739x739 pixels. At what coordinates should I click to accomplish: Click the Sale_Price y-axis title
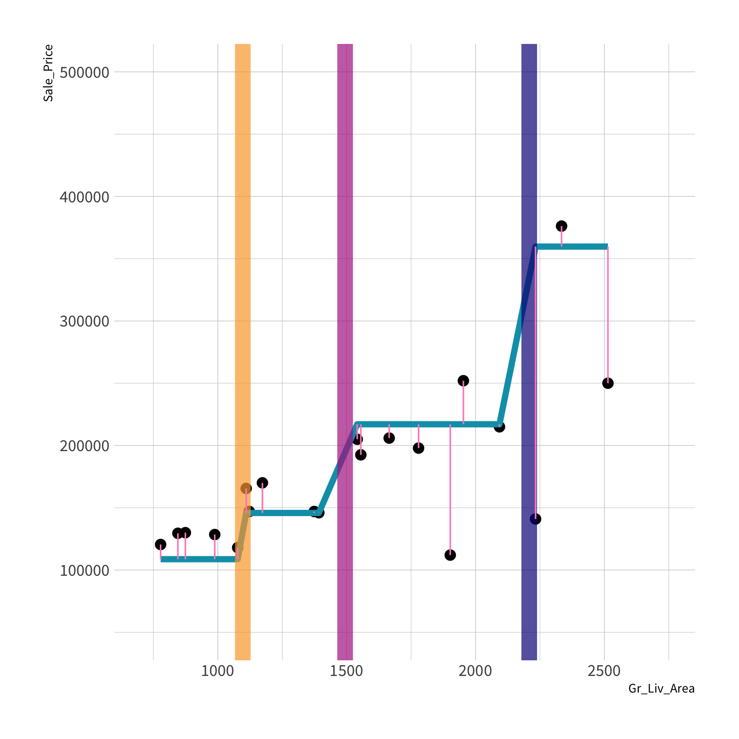click(48, 73)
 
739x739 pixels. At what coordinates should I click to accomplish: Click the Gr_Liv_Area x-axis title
click(661, 689)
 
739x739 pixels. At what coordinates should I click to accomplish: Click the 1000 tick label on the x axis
click(217, 671)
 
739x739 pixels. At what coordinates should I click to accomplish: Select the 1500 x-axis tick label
click(347, 671)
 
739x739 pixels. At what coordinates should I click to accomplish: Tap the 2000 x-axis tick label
click(475, 671)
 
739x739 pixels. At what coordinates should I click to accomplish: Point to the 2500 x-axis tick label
click(604, 671)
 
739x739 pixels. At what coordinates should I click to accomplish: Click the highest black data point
click(562, 226)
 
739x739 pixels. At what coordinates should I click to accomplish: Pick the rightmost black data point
click(608, 383)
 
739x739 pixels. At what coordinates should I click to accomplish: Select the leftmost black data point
click(160, 544)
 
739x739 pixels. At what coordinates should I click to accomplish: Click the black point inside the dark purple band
click(535, 519)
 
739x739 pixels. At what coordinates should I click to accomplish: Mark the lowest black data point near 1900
click(450, 555)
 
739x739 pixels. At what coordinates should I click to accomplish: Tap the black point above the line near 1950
click(463, 381)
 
